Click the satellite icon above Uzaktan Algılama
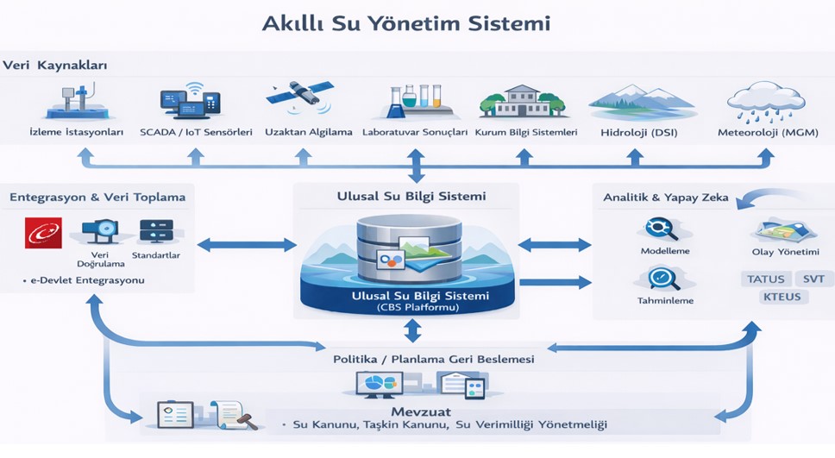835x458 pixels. coord(299,97)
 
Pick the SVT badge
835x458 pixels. coord(813,279)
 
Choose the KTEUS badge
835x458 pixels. coord(782,298)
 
